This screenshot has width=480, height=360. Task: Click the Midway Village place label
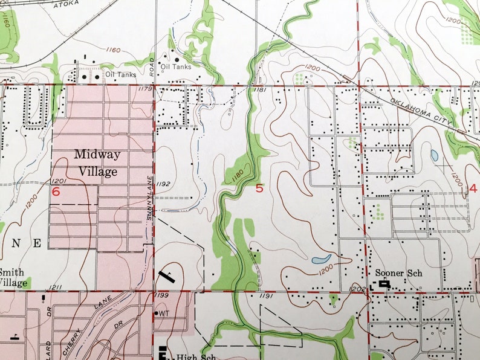click(x=97, y=163)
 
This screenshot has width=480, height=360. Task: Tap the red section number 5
click(x=259, y=188)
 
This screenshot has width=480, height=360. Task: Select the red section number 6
click(x=56, y=192)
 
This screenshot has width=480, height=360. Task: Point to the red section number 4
click(x=473, y=188)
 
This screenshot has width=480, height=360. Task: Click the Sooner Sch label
click(x=398, y=272)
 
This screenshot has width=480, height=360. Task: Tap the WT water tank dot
click(x=157, y=313)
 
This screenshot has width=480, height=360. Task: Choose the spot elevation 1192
click(x=163, y=184)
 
